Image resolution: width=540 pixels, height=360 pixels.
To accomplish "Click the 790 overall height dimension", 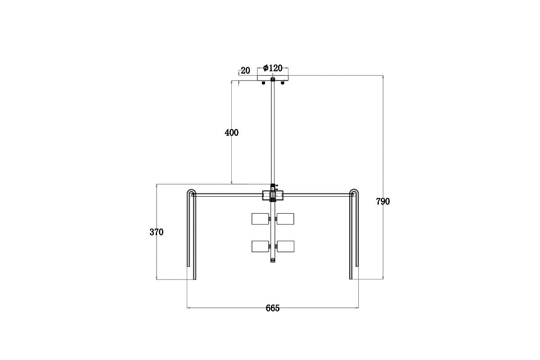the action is point(383,201).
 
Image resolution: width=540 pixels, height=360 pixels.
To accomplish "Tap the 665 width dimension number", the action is point(273,308).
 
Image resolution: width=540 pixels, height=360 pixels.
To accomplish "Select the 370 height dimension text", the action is point(157,232).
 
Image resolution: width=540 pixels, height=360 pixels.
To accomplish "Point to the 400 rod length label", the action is point(231,133).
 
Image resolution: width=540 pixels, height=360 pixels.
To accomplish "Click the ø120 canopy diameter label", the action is point(273,68).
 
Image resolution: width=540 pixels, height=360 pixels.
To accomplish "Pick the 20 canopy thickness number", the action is point(245,71).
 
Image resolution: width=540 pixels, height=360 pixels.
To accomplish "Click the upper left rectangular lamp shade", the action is point(260,219).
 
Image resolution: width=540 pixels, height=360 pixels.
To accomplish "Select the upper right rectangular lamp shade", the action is point(285,219).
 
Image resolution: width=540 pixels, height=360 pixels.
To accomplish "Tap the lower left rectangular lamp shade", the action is point(260,247).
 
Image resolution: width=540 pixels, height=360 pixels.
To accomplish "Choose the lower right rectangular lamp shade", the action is point(285,247).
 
